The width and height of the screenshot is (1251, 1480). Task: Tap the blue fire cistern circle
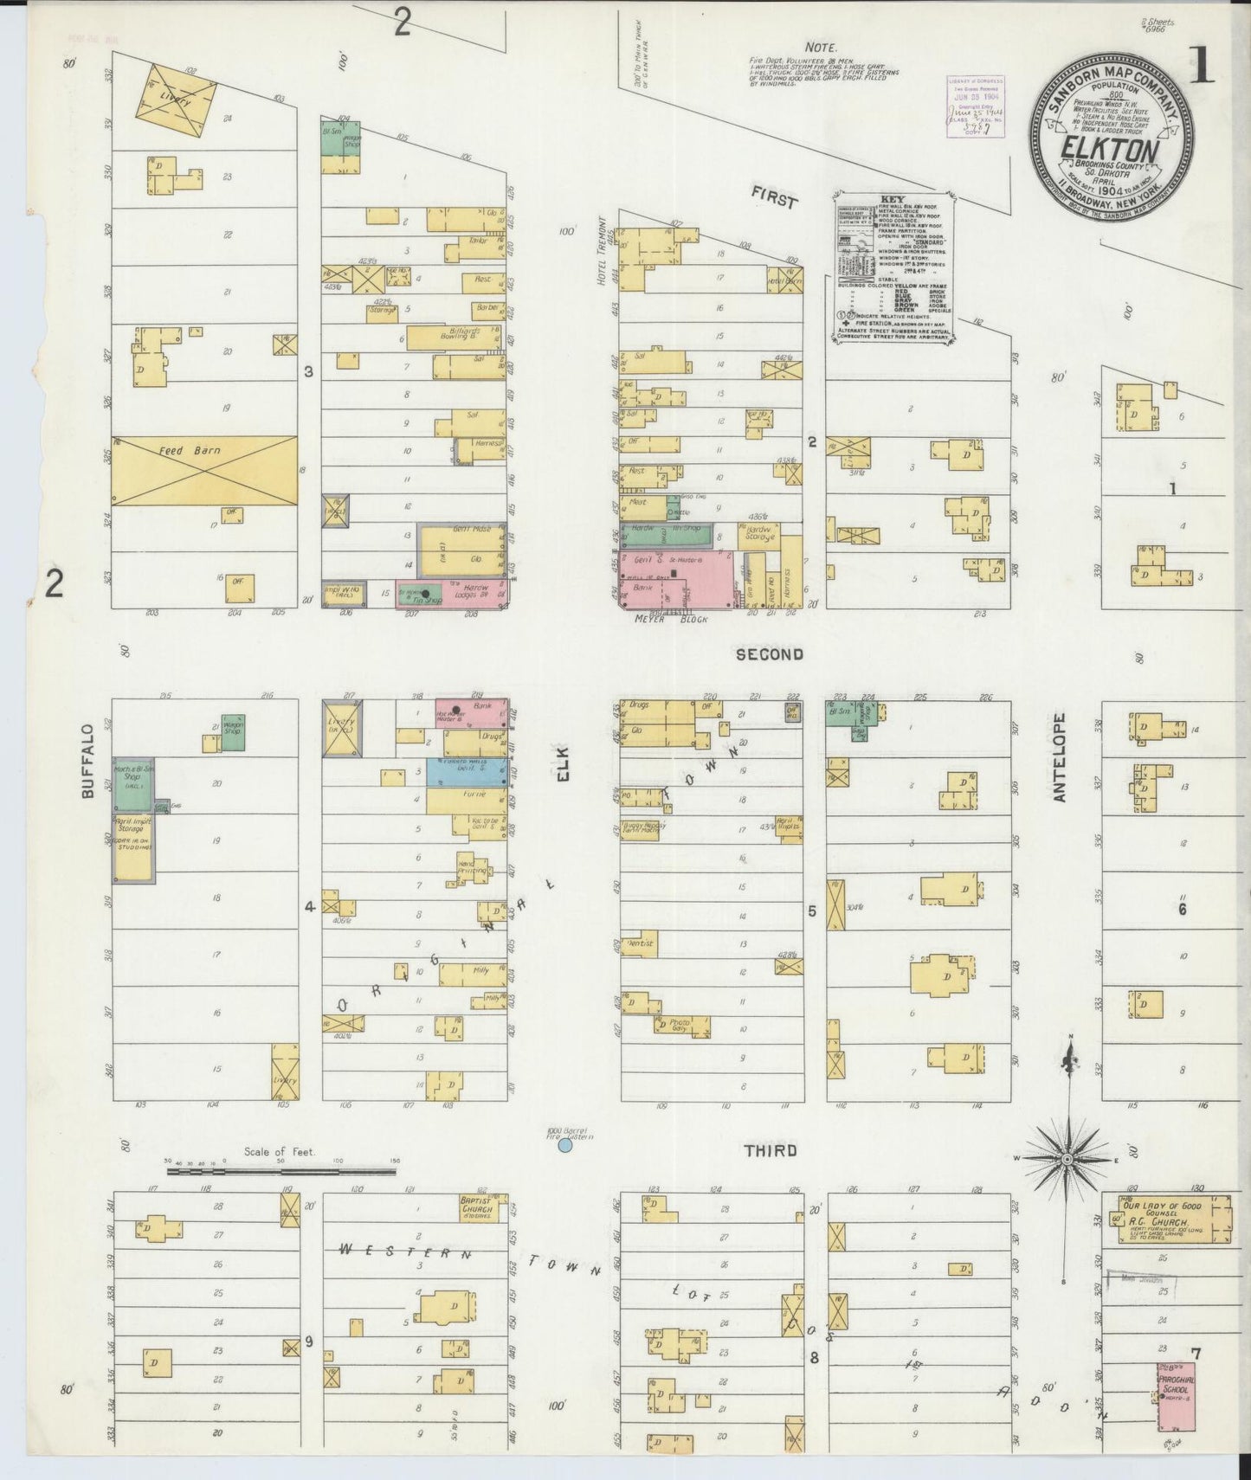tap(564, 1145)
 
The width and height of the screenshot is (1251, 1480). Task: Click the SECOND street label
tap(769, 655)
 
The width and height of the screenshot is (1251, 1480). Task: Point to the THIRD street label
tap(771, 1151)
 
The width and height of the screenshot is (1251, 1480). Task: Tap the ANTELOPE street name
tap(1059, 757)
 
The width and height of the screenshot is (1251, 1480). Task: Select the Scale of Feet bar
tap(281, 1172)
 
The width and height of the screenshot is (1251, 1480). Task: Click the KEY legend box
tap(893, 270)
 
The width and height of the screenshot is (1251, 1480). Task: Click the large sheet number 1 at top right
tap(1201, 67)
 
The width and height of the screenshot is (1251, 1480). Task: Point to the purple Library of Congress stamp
tap(976, 105)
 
